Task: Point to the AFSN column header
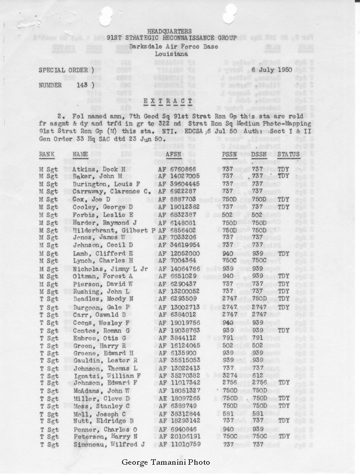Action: tap(174, 154)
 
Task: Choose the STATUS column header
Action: tap(288, 154)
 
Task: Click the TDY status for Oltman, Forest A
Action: tap(283, 275)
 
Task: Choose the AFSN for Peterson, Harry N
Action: tap(179, 437)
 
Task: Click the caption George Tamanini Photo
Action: tap(165, 462)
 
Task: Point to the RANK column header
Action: tap(47, 154)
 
